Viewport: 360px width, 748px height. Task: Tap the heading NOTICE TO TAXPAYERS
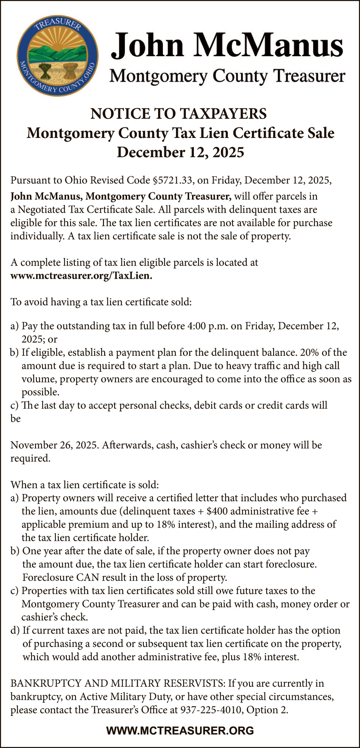(x=179, y=114)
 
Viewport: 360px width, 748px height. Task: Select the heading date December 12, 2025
(x=180, y=152)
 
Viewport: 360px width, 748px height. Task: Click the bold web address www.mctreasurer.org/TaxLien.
(x=81, y=275)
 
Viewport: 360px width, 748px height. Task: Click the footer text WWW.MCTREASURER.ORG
(x=180, y=730)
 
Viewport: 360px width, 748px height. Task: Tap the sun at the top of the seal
(x=58, y=43)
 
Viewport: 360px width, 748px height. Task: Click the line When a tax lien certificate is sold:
(x=85, y=485)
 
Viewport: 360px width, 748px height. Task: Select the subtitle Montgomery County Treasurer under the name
(x=227, y=76)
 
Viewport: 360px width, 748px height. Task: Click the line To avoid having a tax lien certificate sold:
(x=101, y=302)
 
